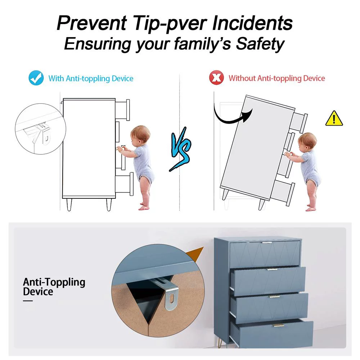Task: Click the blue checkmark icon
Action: [36, 78]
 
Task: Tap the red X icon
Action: [216, 78]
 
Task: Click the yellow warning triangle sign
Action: [334, 118]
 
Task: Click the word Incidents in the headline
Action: [252, 23]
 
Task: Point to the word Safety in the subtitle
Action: [260, 44]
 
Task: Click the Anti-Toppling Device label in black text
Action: [54, 287]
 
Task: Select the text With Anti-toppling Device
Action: [91, 78]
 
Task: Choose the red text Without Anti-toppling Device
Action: [276, 78]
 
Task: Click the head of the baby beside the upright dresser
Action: [140, 135]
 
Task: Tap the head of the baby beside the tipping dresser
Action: [307, 141]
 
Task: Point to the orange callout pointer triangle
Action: [194, 255]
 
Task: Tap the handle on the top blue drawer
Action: [267, 242]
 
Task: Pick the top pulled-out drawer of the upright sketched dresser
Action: [122, 110]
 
